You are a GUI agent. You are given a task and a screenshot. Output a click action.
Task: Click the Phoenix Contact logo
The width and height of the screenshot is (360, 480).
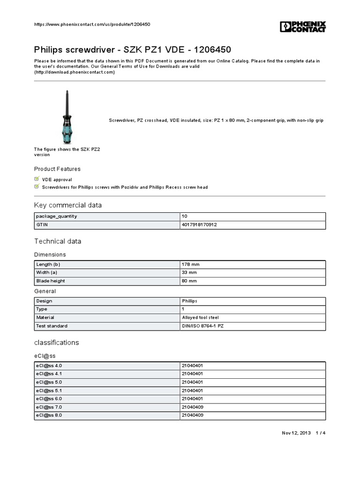(303, 27)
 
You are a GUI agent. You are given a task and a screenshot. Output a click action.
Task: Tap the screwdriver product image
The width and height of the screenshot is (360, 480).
(67, 117)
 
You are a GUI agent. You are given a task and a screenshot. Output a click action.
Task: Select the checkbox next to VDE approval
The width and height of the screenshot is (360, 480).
(37, 179)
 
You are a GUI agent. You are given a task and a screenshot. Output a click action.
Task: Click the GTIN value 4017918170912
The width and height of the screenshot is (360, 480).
(199, 225)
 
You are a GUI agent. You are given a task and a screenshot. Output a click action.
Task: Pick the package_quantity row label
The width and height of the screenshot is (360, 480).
(57, 216)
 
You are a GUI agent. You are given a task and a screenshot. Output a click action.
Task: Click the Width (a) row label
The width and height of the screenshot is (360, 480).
(47, 272)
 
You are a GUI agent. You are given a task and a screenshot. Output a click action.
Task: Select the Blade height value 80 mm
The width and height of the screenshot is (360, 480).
(189, 281)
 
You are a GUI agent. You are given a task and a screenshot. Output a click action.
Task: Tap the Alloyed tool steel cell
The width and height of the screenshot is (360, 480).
(200, 317)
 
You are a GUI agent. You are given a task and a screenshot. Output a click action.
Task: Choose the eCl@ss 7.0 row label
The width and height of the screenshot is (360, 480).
(49, 407)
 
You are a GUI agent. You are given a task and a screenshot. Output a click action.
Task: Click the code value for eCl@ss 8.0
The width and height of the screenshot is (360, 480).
(192, 415)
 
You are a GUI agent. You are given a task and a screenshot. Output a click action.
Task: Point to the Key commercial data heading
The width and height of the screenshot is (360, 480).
(68, 205)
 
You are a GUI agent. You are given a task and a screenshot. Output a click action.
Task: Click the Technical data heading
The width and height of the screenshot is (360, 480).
(58, 241)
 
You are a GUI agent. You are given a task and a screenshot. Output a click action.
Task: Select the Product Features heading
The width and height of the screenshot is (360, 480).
(57, 169)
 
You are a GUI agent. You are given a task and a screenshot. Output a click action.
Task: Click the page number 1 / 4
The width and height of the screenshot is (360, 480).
(320, 433)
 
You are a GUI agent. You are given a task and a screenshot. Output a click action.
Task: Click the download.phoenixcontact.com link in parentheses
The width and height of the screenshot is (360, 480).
(75, 72)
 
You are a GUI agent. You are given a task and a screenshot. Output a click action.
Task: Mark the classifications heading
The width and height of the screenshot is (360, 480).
(57, 342)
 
